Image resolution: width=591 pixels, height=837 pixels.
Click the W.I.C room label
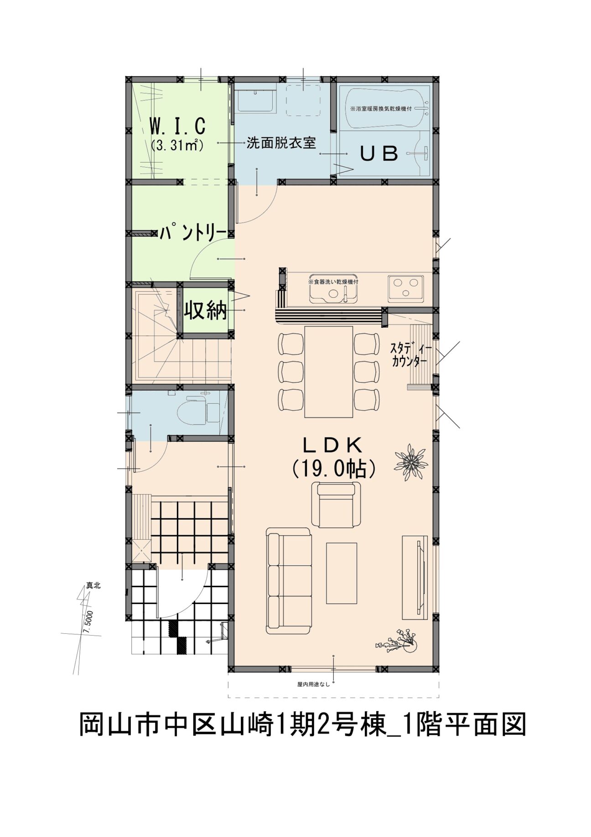tap(177, 126)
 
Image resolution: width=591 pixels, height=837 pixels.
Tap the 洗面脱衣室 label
tap(281, 143)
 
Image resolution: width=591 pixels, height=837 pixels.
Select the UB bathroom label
tap(379, 154)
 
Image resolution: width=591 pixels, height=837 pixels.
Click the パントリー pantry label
tap(193, 233)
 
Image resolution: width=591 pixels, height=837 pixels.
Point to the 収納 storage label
tap(206, 311)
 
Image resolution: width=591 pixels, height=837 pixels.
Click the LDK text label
tap(332, 444)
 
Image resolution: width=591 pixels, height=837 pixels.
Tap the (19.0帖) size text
tap(334, 468)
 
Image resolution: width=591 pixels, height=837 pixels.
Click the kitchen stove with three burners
tap(405, 288)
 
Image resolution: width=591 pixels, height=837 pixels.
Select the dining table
tap(329, 372)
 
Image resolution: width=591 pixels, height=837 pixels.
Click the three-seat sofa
tap(288, 580)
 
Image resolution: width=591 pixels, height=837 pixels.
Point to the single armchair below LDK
tap(336, 504)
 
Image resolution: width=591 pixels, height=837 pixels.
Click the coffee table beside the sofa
tap(341, 573)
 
